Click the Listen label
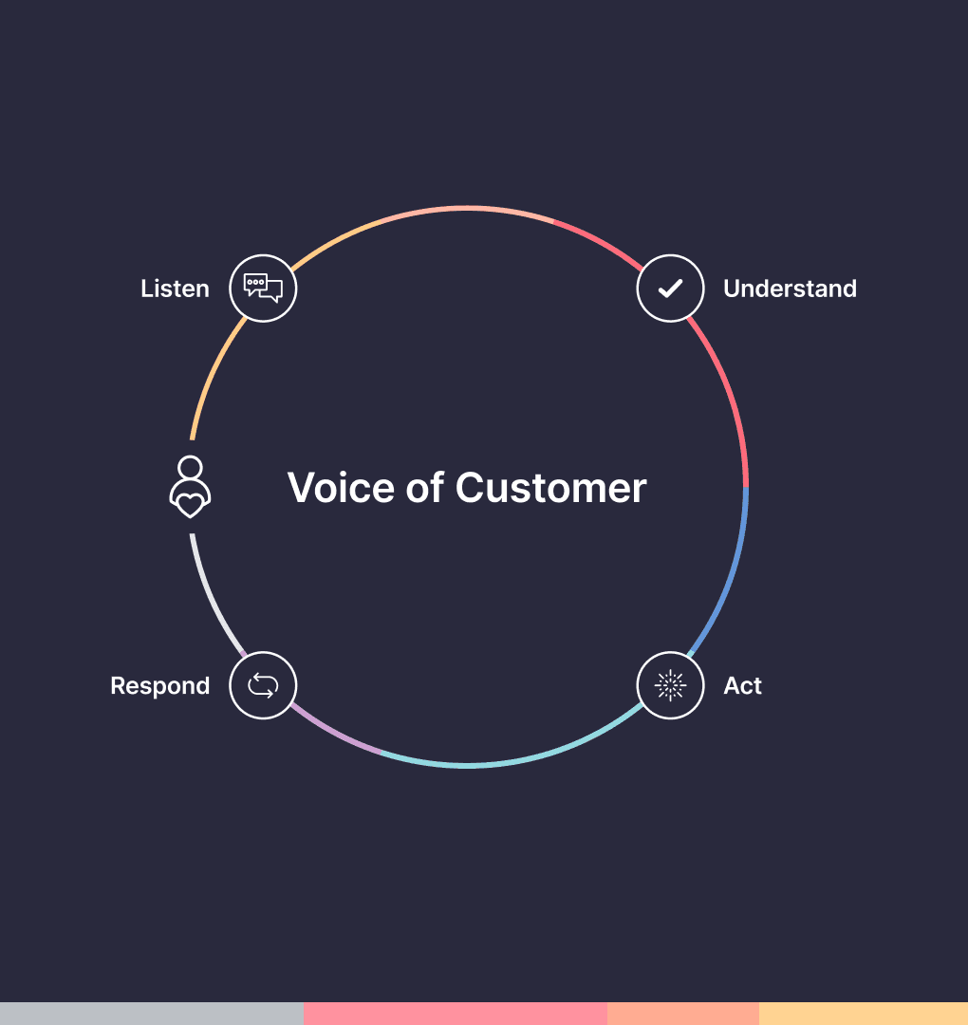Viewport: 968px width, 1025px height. point(175,289)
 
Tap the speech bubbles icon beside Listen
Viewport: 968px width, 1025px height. point(263,288)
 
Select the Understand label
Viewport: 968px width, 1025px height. point(790,289)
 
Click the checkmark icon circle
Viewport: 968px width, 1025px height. point(670,288)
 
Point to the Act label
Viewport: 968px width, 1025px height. point(742,685)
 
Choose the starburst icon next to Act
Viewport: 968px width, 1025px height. point(670,684)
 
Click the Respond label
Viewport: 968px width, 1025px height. point(159,685)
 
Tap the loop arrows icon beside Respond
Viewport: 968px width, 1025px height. point(263,684)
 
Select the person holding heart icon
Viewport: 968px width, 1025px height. point(190,487)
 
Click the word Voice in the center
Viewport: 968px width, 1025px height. point(340,488)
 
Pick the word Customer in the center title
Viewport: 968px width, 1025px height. point(550,488)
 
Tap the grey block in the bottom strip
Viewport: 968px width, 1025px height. point(152,1014)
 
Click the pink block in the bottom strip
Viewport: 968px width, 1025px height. point(456,1014)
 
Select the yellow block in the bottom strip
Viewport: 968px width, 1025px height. point(864,1014)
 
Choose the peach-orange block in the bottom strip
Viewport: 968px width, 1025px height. point(683,1014)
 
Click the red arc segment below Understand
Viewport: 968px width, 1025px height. point(732,399)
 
